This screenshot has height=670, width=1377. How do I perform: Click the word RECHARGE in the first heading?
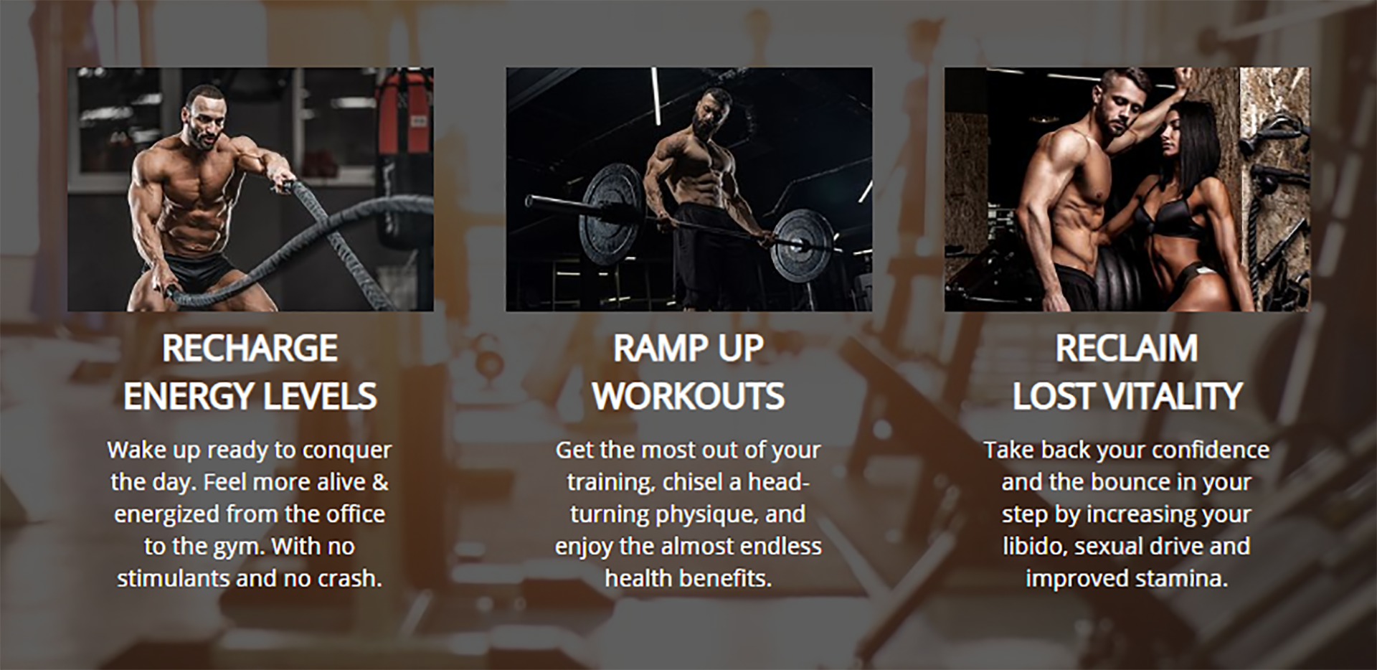(x=250, y=349)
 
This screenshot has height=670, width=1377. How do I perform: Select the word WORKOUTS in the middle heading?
(x=688, y=397)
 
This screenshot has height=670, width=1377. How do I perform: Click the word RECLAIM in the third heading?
(x=1126, y=349)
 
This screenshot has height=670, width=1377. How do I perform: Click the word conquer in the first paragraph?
(x=347, y=451)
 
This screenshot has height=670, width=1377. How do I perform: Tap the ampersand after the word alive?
(x=380, y=481)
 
